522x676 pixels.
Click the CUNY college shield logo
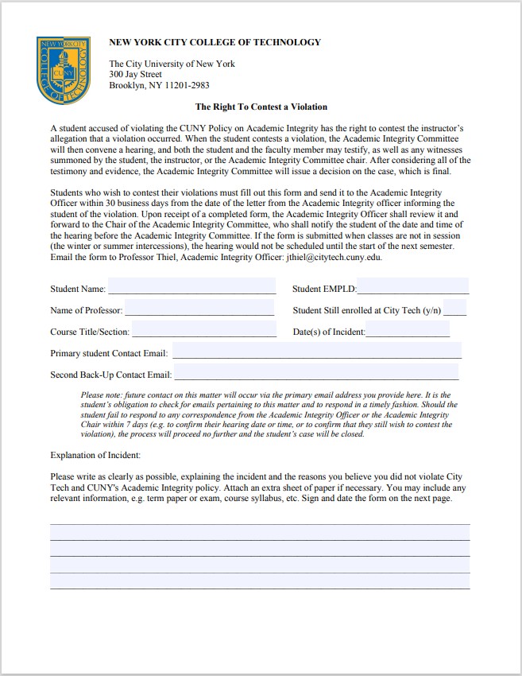pos(63,69)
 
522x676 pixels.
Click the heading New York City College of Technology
pos(215,42)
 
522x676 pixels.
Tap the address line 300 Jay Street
pos(135,75)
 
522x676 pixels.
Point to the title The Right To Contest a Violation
pos(261,107)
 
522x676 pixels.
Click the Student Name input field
pos(191,287)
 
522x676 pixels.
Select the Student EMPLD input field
pos(413,287)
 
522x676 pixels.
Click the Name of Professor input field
pos(199,309)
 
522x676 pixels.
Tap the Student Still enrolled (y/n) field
pos(456,309)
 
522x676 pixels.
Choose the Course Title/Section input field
pos(203,330)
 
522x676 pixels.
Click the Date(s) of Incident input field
pos(408,330)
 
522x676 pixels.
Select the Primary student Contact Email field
pos(316,352)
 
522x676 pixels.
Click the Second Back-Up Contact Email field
pos(316,373)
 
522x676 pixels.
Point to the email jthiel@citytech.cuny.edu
pos(334,258)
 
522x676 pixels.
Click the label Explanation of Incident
pos(95,455)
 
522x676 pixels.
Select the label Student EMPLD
pos(324,289)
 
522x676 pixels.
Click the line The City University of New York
pos(172,64)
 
